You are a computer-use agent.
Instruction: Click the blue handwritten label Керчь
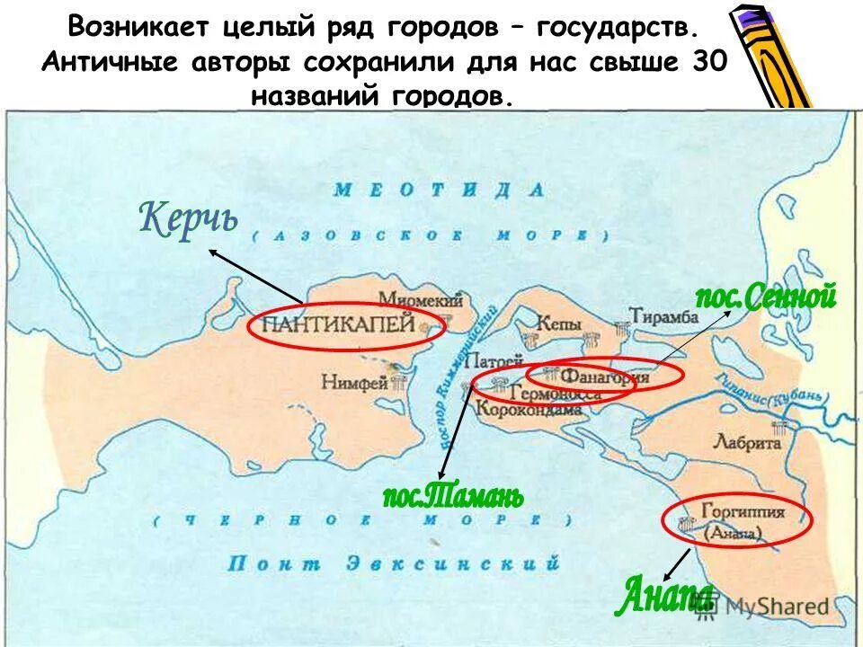[x=189, y=219]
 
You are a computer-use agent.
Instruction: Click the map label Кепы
[x=557, y=323]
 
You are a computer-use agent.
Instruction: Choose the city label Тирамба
[x=664, y=315]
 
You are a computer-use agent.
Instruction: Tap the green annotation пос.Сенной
[x=766, y=296]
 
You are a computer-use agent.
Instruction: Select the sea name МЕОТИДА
[x=440, y=190]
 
